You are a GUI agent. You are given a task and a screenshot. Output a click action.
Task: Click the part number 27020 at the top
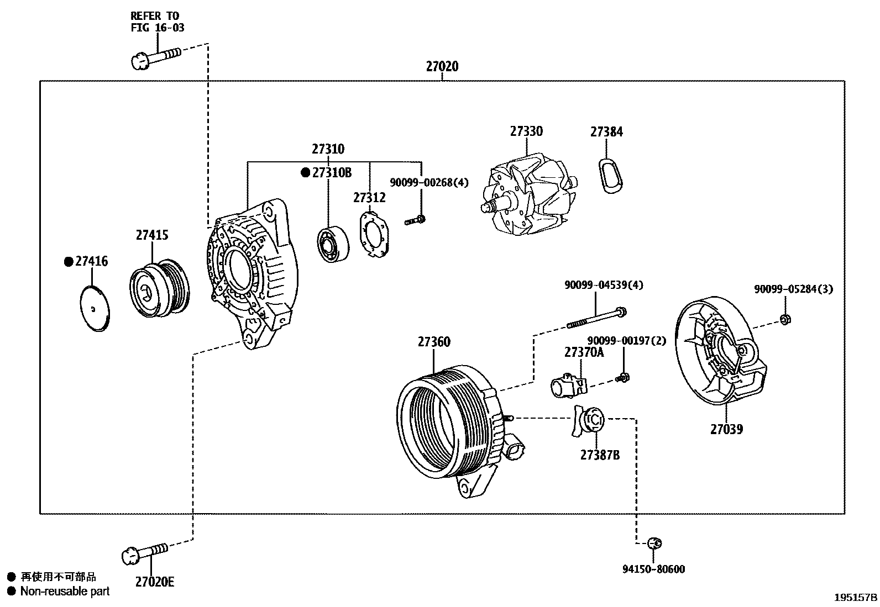442,67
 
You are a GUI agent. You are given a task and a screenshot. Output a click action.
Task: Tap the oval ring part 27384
609,177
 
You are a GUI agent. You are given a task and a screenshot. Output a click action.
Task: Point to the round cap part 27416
94,308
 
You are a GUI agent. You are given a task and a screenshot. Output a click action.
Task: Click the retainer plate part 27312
376,234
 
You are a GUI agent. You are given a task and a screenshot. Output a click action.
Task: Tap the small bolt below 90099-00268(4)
415,220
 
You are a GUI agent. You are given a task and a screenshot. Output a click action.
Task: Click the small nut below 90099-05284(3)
784,319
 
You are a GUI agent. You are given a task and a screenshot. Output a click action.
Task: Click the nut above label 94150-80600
654,543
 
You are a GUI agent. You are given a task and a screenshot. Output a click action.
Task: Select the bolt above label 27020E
144,553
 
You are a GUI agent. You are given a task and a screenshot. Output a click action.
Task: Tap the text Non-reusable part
65,592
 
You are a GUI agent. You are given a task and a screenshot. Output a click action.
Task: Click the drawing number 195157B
856,598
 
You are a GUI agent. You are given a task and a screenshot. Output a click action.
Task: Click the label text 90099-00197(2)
626,341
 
